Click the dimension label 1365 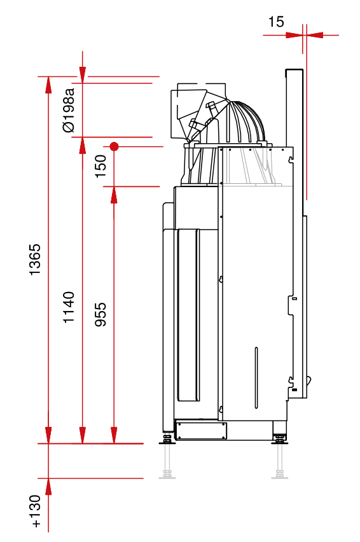click(x=35, y=260)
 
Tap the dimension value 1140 click(x=69, y=307)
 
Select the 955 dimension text click(x=100, y=314)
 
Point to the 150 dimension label click(x=100, y=166)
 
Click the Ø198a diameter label click(x=69, y=110)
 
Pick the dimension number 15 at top click(x=276, y=22)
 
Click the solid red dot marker click(x=114, y=146)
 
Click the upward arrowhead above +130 click(x=48, y=487)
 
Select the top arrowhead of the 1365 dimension click(x=48, y=85)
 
